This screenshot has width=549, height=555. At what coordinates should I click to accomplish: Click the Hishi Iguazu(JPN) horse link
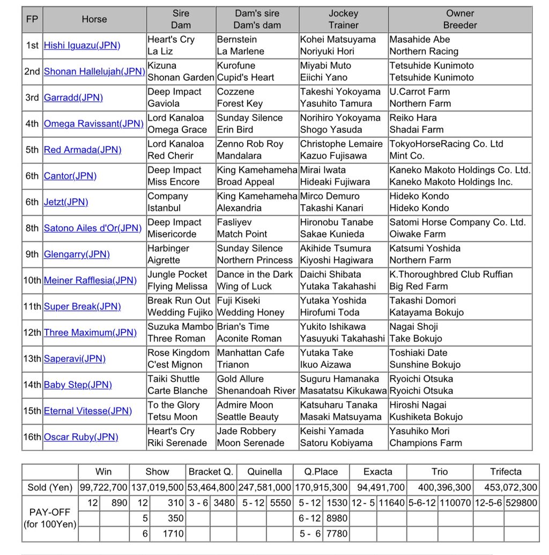[81, 46]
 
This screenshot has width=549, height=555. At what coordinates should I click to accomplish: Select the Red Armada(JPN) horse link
[83, 150]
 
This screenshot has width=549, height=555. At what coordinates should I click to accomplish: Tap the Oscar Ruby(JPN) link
[81, 437]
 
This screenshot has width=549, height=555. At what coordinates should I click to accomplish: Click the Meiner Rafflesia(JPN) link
[90, 280]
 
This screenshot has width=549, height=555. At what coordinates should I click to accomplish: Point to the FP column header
[32, 19]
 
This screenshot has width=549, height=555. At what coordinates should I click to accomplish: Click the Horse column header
[94, 19]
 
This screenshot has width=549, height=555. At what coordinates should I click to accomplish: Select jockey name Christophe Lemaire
[341, 144]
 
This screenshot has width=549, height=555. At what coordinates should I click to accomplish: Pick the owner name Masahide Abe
[420, 39]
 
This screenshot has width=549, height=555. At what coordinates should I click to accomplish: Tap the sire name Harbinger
[168, 248]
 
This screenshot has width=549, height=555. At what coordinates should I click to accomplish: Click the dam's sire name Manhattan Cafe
[250, 353]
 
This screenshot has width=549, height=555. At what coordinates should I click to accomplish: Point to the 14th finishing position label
[32, 385]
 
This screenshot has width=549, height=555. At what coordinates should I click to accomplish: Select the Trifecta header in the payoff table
[505, 472]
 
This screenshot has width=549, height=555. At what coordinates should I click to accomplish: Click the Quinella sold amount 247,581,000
[265, 488]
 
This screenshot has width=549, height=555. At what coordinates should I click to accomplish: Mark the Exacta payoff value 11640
[392, 504]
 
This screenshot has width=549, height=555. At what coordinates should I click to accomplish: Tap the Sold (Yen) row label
[50, 488]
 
